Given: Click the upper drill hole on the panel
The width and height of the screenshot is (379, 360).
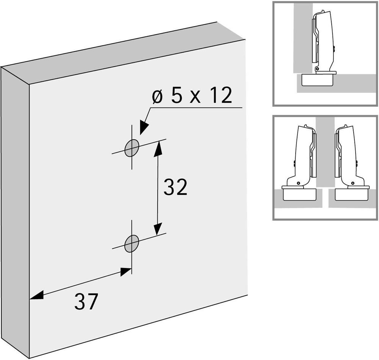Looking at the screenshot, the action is point(132,148).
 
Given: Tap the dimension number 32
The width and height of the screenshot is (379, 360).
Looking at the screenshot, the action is point(175,187).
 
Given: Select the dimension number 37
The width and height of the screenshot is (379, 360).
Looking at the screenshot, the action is point(86,301).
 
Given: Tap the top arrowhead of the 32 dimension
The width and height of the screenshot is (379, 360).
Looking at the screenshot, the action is point(158,149).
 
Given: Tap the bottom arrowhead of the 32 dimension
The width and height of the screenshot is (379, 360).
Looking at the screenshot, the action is point(158,228).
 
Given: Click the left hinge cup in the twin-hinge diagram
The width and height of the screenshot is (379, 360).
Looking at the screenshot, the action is point(300,194).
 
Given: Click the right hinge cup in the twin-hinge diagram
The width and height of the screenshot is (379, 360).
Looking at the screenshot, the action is point(352,194).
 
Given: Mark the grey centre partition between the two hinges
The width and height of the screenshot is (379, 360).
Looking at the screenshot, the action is point(326,152).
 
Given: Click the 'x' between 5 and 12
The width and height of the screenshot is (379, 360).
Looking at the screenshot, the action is point(195,98).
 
